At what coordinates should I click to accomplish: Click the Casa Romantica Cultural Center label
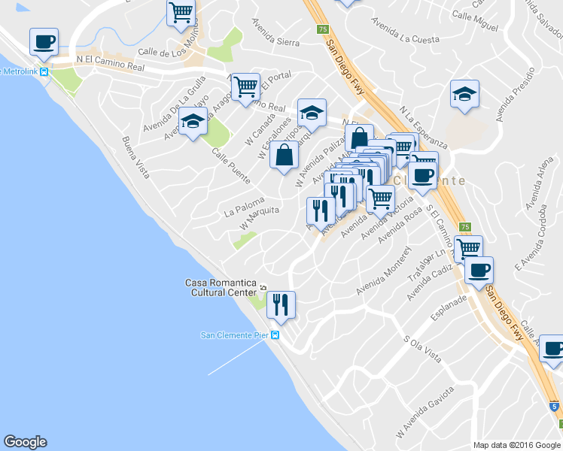(221, 287)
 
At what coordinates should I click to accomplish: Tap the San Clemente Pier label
(234, 335)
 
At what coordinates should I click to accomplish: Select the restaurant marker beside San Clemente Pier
(281, 304)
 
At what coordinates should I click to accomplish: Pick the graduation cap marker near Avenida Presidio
(465, 94)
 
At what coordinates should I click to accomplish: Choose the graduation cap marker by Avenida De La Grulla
(193, 121)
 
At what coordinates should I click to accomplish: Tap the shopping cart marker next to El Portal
(245, 87)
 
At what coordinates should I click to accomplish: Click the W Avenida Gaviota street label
(427, 410)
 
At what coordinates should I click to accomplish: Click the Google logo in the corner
(25, 442)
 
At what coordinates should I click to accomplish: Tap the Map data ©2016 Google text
(516, 445)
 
